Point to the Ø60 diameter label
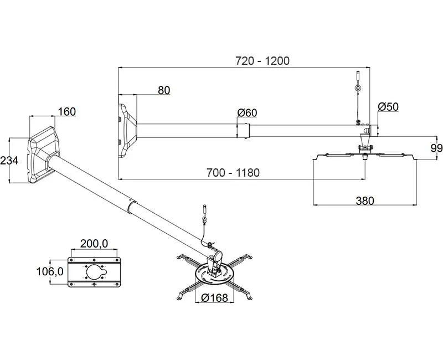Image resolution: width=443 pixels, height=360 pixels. pos(247,113)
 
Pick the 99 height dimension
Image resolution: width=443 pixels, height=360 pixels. pos(436,147)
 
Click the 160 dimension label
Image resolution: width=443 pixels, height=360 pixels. pos(66,111)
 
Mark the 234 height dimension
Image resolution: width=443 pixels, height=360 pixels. pos(9,161)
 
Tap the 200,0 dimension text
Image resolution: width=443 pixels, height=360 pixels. pos(94,243)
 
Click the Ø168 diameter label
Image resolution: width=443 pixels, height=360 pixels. pos(215,297)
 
